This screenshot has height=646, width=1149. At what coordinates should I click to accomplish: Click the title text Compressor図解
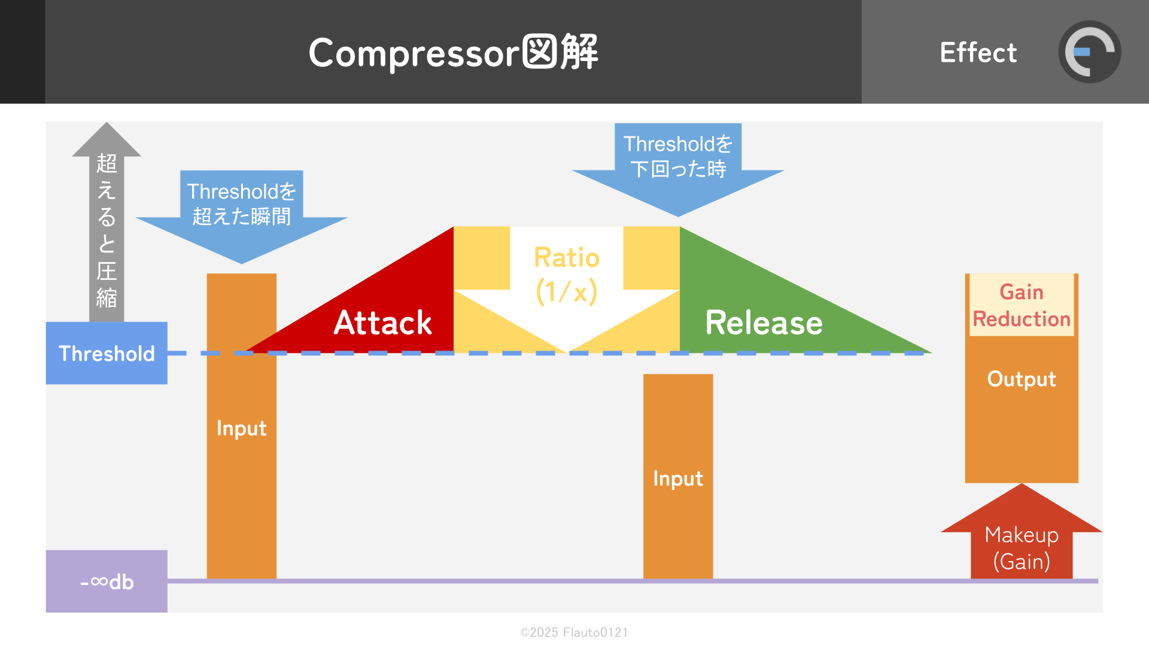453,53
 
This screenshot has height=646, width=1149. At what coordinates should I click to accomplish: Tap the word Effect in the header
978,53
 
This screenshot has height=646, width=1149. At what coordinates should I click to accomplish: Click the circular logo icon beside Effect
1089,52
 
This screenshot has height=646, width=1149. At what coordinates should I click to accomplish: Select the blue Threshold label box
107,354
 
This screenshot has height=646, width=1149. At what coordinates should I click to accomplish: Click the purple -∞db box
107,581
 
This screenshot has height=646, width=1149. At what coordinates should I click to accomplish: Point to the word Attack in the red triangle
382,323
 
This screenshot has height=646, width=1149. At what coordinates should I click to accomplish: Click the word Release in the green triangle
764,323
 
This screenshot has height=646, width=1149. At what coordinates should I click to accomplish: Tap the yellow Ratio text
567,258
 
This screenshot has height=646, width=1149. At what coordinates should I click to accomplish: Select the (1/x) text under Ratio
567,292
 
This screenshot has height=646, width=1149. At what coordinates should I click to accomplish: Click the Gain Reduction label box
1022,306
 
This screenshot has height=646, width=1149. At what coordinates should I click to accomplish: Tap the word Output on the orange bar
1022,379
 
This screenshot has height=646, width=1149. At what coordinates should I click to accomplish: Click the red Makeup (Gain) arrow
1022,538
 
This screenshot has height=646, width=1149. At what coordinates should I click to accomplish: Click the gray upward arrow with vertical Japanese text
107,227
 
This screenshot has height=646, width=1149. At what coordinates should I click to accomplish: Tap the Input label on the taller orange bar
242,428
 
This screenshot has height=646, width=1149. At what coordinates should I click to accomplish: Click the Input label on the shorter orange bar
678,479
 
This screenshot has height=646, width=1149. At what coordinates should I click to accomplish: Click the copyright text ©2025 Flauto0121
574,632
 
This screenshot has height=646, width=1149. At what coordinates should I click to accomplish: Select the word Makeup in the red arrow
1022,535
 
